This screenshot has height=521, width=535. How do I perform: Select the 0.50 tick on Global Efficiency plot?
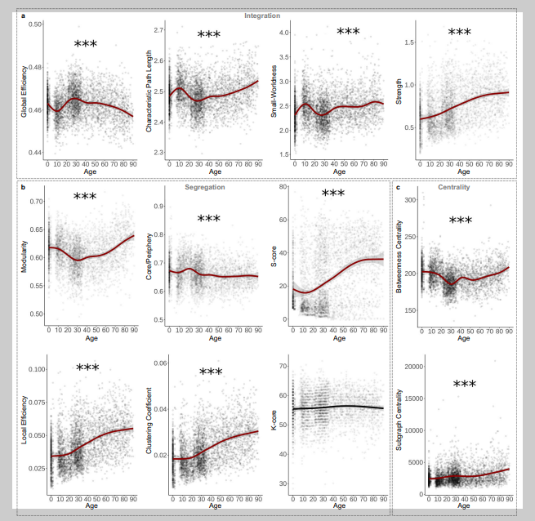click(x=37, y=25)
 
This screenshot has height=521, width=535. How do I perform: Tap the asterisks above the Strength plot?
click(x=460, y=33)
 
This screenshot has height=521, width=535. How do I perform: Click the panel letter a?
click(x=22, y=16)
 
